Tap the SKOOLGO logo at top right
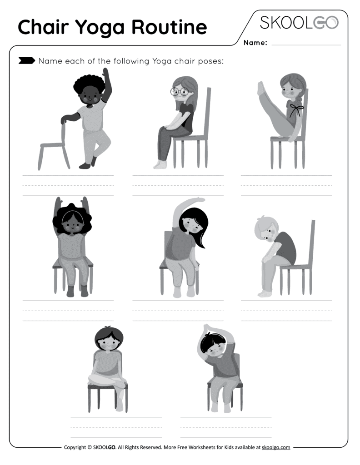(299, 23)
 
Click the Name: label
(255, 43)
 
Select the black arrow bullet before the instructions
(26, 60)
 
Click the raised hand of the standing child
(106, 74)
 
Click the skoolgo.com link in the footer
(276, 447)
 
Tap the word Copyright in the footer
(75, 447)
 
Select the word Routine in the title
(169, 28)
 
